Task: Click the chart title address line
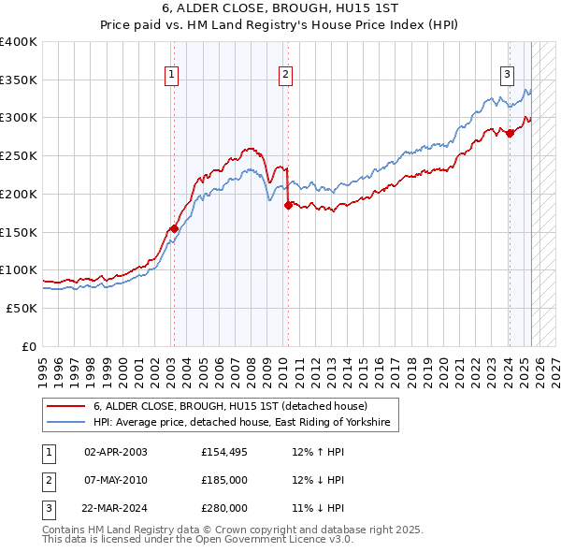click(x=280, y=9)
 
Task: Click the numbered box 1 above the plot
click(x=173, y=77)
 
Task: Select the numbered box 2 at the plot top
click(x=284, y=77)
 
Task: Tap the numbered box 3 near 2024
click(x=507, y=77)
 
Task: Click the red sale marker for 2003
click(x=174, y=227)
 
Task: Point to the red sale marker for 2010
click(x=288, y=205)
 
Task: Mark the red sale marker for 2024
click(x=510, y=133)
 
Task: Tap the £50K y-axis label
click(x=22, y=308)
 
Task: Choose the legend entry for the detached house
click(x=230, y=407)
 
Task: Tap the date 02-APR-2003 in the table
click(x=115, y=452)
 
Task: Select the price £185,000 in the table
click(x=224, y=480)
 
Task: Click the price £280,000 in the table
click(x=224, y=508)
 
